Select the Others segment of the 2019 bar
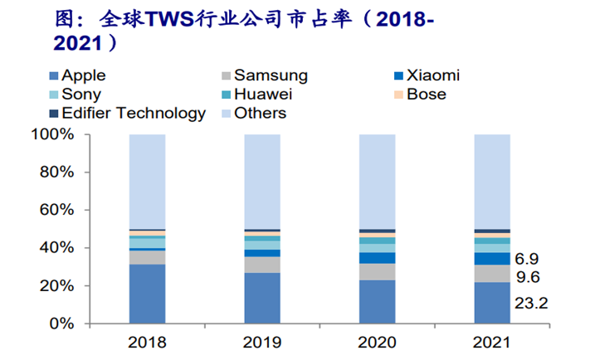pyautogui.click(x=261, y=181)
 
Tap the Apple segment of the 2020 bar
pyautogui.click(x=377, y=301)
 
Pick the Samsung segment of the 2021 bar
pyautogui.click(x=491, y=274)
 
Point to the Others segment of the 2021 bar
pyautogui.click(x=491, y=181)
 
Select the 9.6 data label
pyautogui.click(x=529, y=278)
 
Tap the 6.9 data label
pyautogui.click(x=529, y=259)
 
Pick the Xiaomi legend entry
pyautogui.click(x=428, y=75)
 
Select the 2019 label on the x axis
pyautogui.click(x=261, y=342)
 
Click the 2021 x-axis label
pyautogui.click(x=491, y=342)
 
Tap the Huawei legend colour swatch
pyautogui.click(x=222, y=95)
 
